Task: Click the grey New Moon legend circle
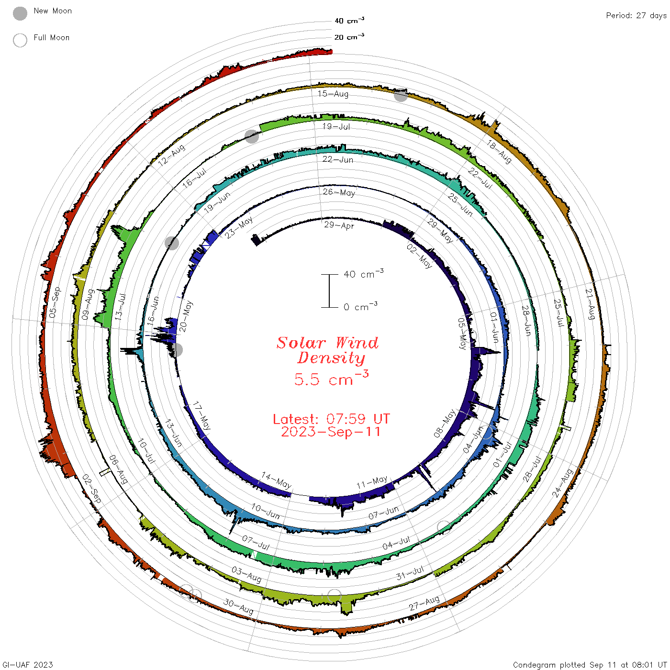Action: (20, 13)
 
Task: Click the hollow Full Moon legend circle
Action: (20, 40)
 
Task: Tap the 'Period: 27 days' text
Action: (636, 16)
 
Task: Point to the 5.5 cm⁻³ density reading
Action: (331, 378)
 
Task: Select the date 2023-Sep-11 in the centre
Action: (331, 432)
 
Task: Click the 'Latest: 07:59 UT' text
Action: (331, 419)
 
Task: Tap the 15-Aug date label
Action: (333, 93)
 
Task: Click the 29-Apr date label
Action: (339, 225)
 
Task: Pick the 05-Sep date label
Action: (55, 302)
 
